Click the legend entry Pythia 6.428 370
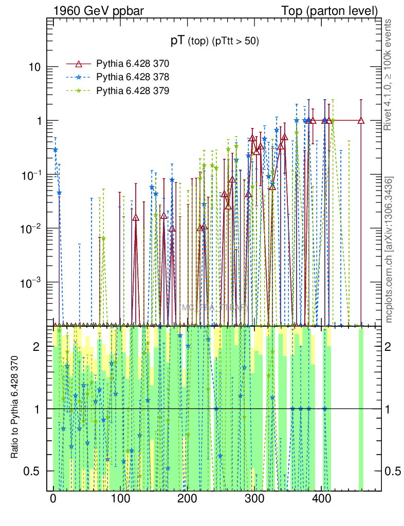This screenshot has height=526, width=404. pos(133,64)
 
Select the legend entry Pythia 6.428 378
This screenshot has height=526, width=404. pos(133,77)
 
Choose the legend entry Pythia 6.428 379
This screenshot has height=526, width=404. pos(133,90)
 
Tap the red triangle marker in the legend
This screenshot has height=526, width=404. pos(79,64)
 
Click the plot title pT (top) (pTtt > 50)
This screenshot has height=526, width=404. pos(215,41)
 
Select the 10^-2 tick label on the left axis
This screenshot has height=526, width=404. pos(32,228)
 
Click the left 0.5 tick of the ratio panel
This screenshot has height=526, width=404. pos(34,471)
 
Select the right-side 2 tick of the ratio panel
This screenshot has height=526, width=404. pos(392,347)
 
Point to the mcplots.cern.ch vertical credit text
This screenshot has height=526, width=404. pos(389,249)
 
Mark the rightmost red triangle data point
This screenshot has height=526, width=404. pos(361,121)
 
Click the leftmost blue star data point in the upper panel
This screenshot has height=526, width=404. pos(56,149)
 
